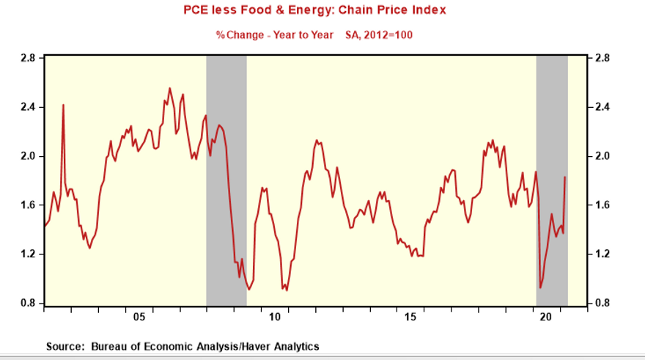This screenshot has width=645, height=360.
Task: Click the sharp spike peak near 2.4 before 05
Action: (63, 105)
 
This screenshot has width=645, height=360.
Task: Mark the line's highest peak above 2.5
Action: (170, 89)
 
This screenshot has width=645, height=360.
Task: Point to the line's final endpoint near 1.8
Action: (564, 177)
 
